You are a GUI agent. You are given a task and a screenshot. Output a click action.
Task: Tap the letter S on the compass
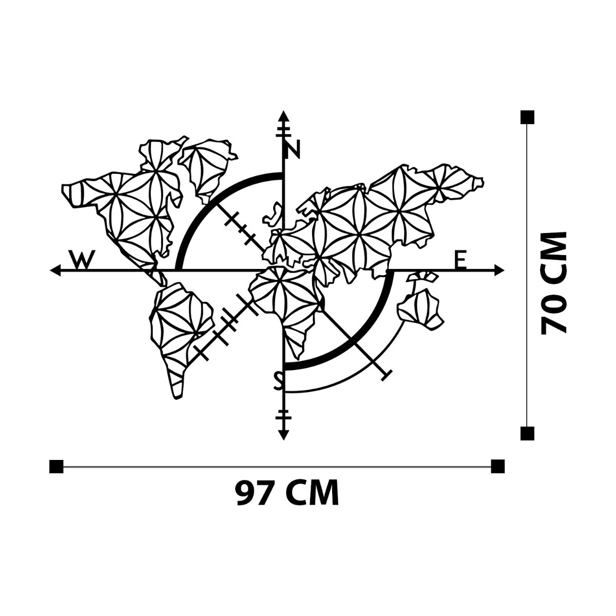point(278,381)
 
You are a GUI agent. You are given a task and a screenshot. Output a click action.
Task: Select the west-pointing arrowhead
point(55,270)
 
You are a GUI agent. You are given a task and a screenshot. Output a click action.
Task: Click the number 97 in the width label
point(251,492)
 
